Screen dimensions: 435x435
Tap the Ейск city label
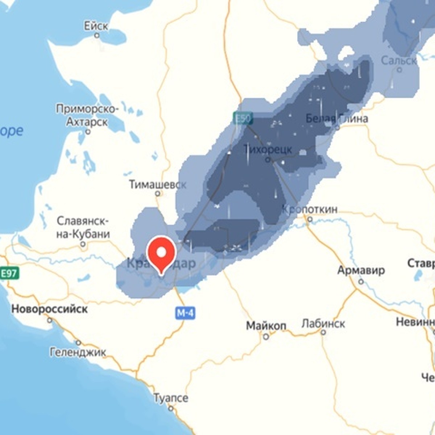tap(96, 26)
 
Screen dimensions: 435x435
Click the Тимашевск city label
tap(158, 184)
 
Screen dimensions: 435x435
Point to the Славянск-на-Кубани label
tap(83, 227)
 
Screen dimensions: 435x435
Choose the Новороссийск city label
tap(49, 309)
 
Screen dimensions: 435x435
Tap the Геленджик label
tap(78, 352)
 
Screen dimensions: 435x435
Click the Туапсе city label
tap(171, 398)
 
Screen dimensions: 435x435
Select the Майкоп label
tap(266, 326)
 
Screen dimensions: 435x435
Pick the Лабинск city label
tap(323, 323)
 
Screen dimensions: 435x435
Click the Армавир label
tap(361, 270)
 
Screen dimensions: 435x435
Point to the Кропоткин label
tap(310, 209)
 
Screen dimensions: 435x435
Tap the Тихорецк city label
tap(268, 149)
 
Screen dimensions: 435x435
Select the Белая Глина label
tap(337, 118)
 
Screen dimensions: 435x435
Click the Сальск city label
tap(399, 61)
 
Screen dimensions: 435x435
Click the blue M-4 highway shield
tap(185, 312)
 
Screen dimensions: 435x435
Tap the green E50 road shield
tap(243, 118)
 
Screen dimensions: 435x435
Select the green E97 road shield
tap(9, 273)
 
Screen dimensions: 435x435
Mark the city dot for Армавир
tap(361, 281)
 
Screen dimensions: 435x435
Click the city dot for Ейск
tap(97, 36)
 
